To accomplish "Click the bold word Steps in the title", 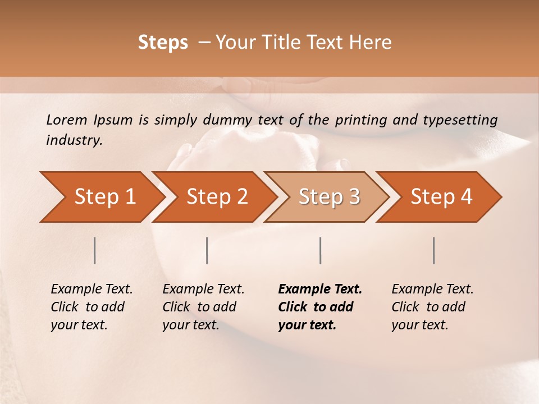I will pyautogui.click(x=163, y=43).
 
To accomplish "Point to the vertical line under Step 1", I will pyautogui.click(x=95, y=250).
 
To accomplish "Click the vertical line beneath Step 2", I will pyautogui.click(x=207, y=250).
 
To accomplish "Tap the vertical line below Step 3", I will pyautogui.click(x=320, y=250).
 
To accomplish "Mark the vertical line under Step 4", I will pyautogui.click(x=433, y=250).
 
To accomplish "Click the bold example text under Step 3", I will pyautogui.click(x=319, y=307).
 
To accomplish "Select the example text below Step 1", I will pyautogui.click(x=92, y=307).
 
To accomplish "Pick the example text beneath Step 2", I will pyautogui.click(x=203, y=307).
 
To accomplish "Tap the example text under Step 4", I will pyautogui.click(x=432, y=307).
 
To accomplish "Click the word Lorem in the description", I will pyautogui.click(x=66, y=120).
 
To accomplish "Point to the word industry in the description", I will pyautogui.click(x=74, y=140).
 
